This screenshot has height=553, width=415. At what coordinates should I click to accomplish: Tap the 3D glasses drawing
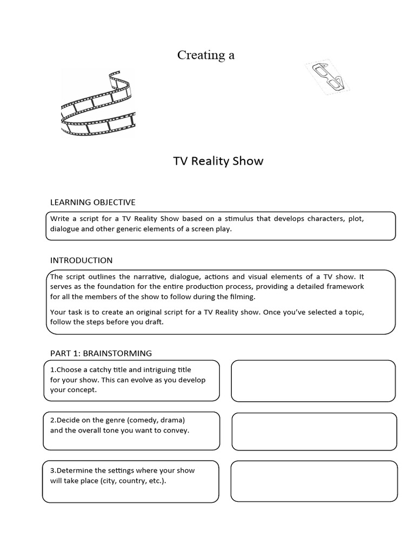(x=327, y=78)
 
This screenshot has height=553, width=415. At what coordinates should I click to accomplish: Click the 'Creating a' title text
(x=206, y=55)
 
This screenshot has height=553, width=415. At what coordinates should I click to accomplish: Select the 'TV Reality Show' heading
(x=218, y=161)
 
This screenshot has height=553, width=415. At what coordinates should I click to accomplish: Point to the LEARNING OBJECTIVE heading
(x=92, y=202)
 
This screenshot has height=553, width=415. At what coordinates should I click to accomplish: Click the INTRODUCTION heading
(x=81, y=260)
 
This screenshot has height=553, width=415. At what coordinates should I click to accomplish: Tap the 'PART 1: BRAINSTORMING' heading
(x=101, y=353)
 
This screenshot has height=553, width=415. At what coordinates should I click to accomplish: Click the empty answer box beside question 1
(x=313, y=381)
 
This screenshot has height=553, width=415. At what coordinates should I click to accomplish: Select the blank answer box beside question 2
(x=314, y=431)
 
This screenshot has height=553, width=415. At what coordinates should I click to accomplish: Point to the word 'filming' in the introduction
(x=240, y=296)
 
